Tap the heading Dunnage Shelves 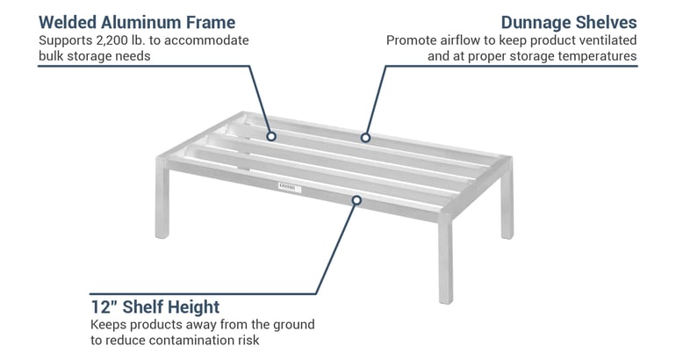click(x=568, y=21)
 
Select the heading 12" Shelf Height click(x=155, y=306)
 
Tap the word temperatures click(x=605, y=56)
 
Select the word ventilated click(x=607, y=40)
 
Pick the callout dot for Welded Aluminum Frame click(x=271, y=136)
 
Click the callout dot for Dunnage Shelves click(x=364, y=137)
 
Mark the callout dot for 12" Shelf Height click(x=356, y=200)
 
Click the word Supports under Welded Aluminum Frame click(x=64, y=40)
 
